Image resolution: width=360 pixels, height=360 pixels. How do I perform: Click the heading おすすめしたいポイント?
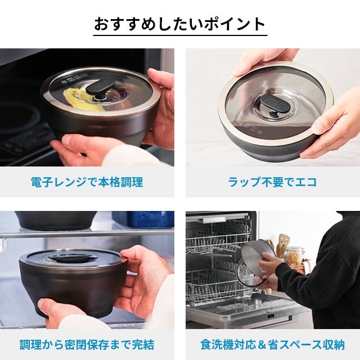pyautogui.click(x=180, y=24)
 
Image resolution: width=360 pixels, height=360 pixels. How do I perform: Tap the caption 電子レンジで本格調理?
pyautogui.click(x=87, y=182)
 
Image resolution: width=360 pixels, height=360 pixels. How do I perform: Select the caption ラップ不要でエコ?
pyautogui.click(x=272, y=182)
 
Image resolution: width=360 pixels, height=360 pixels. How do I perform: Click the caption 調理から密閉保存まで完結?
pyautogui.click(x=87, y=344)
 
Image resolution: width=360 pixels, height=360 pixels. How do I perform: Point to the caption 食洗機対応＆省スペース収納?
pyautogui.click(x=272, y=344)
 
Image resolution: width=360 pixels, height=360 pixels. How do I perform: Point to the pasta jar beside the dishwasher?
pyautogui.click(x=294, y=256)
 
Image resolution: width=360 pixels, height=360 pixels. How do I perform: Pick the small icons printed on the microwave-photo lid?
pyautogui.click(x=75, y=78)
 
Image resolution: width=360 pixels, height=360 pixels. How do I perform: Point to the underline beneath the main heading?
pyautogui.click(x=180, y=35)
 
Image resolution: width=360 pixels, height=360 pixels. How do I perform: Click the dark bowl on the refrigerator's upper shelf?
pyautogui.click(x=56, y=220)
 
